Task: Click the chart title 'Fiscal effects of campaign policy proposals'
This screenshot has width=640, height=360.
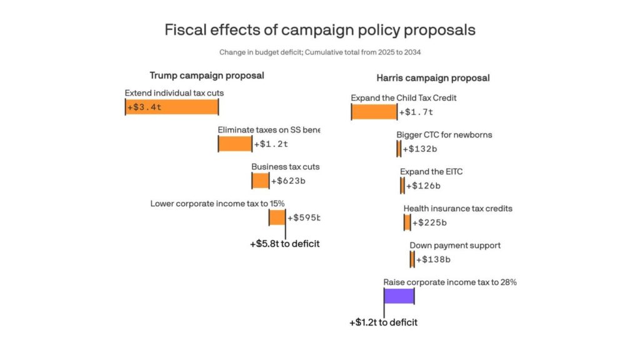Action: coord(319,30)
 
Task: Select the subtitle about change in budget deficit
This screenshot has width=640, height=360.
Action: coord(319,52)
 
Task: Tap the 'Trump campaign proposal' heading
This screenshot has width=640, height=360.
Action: coord(207,76)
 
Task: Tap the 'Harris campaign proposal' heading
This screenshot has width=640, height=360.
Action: coord(433,78)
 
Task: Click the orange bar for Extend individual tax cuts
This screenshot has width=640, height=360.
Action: coord(172,107)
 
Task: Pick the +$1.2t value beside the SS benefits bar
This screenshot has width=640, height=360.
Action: coord(271,144)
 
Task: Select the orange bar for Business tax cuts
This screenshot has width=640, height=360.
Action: coord(261,181)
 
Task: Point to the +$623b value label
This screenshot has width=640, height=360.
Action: coord(288,181)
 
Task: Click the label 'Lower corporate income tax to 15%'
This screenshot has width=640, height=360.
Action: coord(217,204)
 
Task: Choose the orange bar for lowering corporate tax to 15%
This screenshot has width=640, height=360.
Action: coord(277,217)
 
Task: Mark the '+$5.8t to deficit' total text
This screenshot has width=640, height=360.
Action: coord(284,244)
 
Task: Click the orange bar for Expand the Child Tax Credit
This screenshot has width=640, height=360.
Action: coord(374,112)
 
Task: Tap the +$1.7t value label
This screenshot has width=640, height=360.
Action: coord(416,112)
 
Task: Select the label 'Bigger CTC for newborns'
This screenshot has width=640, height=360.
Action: coord(444,135)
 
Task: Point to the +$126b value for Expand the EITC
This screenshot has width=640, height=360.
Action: coord(424,186)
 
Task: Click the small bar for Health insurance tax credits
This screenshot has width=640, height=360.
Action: coord(407,222)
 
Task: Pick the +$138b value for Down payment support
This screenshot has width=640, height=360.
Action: coord(434,259)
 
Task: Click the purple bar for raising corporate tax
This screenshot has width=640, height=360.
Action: coord(399,296)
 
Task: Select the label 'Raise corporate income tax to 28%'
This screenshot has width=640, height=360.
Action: coord(450,282)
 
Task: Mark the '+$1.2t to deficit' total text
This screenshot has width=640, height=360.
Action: coord(383,322)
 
